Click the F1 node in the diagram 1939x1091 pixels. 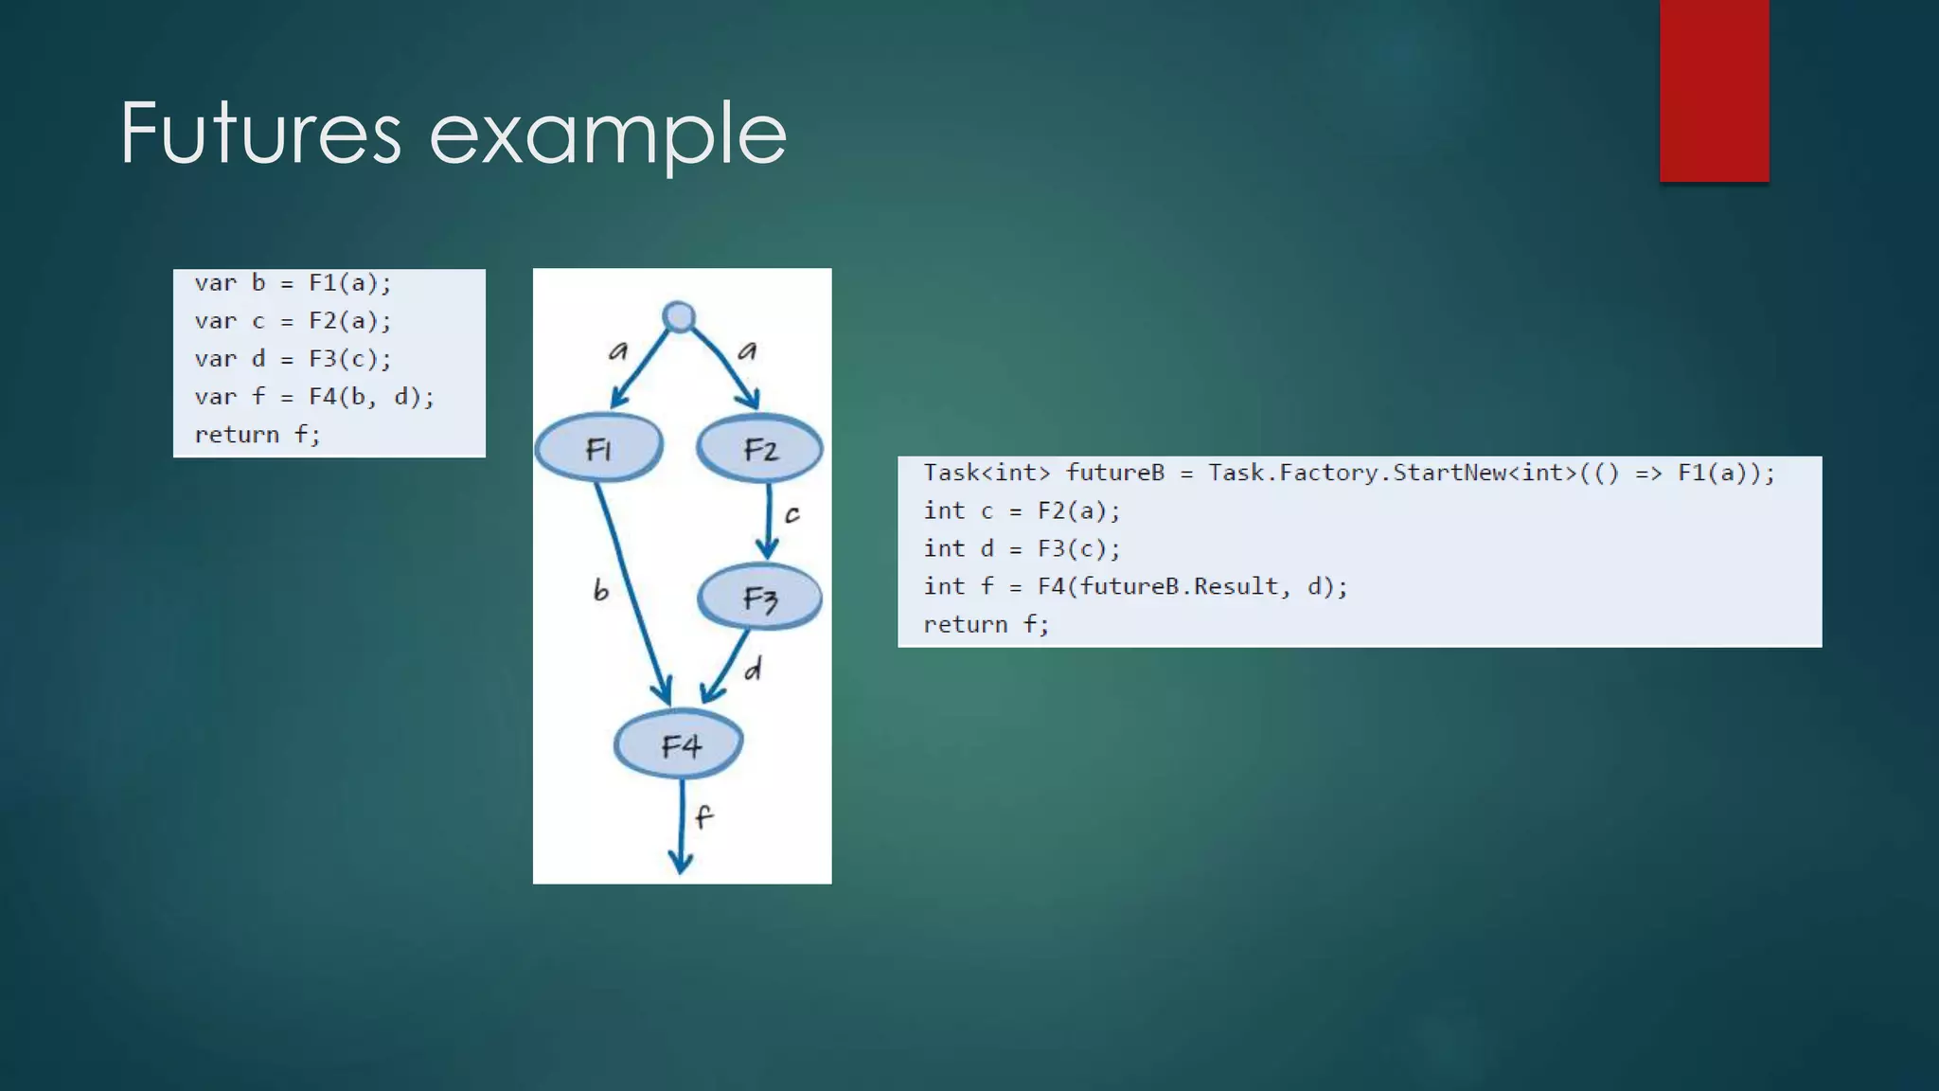point(598,448)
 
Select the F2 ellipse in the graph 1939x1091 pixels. point(760,449)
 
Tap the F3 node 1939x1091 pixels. point(759,598)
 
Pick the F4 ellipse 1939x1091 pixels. point(679,746)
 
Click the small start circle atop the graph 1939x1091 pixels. point(679,316)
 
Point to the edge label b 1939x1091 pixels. point(600,591)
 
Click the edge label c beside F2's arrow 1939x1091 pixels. point(792,514)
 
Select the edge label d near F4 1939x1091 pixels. point(753,670)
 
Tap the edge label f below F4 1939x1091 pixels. point(703,816)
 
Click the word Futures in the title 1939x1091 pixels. point(260,134)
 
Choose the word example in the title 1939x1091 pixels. point(608,134)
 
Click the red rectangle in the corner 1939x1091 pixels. point(1714,90)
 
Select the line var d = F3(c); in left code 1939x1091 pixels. point(293,359)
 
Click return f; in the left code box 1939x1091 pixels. point(258,435)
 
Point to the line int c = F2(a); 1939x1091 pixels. point(1022,511)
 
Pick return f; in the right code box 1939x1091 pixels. point(986,625)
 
